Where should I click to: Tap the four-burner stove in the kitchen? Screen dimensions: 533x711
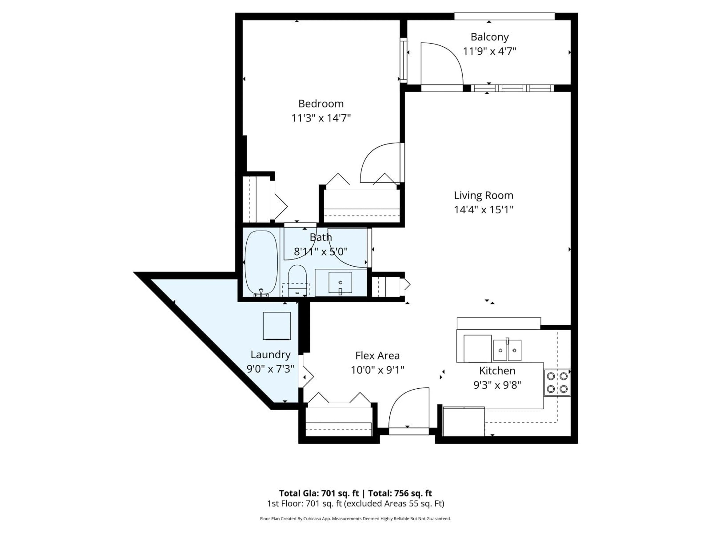(557, 382)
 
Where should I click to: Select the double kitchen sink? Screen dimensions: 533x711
(507, 350)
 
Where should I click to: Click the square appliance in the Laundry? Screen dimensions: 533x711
(277, 326)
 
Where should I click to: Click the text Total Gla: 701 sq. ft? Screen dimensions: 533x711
(318, 493)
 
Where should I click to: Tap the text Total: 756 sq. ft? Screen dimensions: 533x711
(400, 493)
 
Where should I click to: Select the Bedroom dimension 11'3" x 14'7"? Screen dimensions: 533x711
(321, 118)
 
